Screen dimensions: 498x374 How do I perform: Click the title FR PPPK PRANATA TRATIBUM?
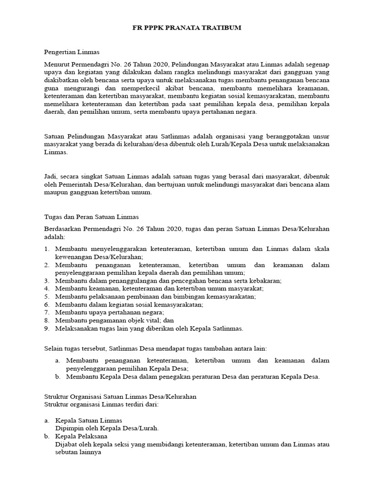[x=187, y=28]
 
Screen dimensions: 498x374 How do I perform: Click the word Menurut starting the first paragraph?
[x=56, y=65]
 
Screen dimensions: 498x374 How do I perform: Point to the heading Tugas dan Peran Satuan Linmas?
[x=91, y=216]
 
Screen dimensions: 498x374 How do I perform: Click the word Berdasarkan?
[x=64, y=229]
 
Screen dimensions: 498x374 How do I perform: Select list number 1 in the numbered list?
[x=47, y=249]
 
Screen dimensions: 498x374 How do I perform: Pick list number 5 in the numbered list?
[x=47, y=296]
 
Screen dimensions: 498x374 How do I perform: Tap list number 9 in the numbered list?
[x=47, y=328]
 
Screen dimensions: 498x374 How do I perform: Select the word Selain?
[x=54, y=349]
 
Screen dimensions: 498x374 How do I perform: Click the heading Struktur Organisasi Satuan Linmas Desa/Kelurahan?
[x=120, y=396]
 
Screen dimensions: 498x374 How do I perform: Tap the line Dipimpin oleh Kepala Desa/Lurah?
[x=107, y=428]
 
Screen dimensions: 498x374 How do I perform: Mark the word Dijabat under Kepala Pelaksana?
[x=67, y=444]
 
